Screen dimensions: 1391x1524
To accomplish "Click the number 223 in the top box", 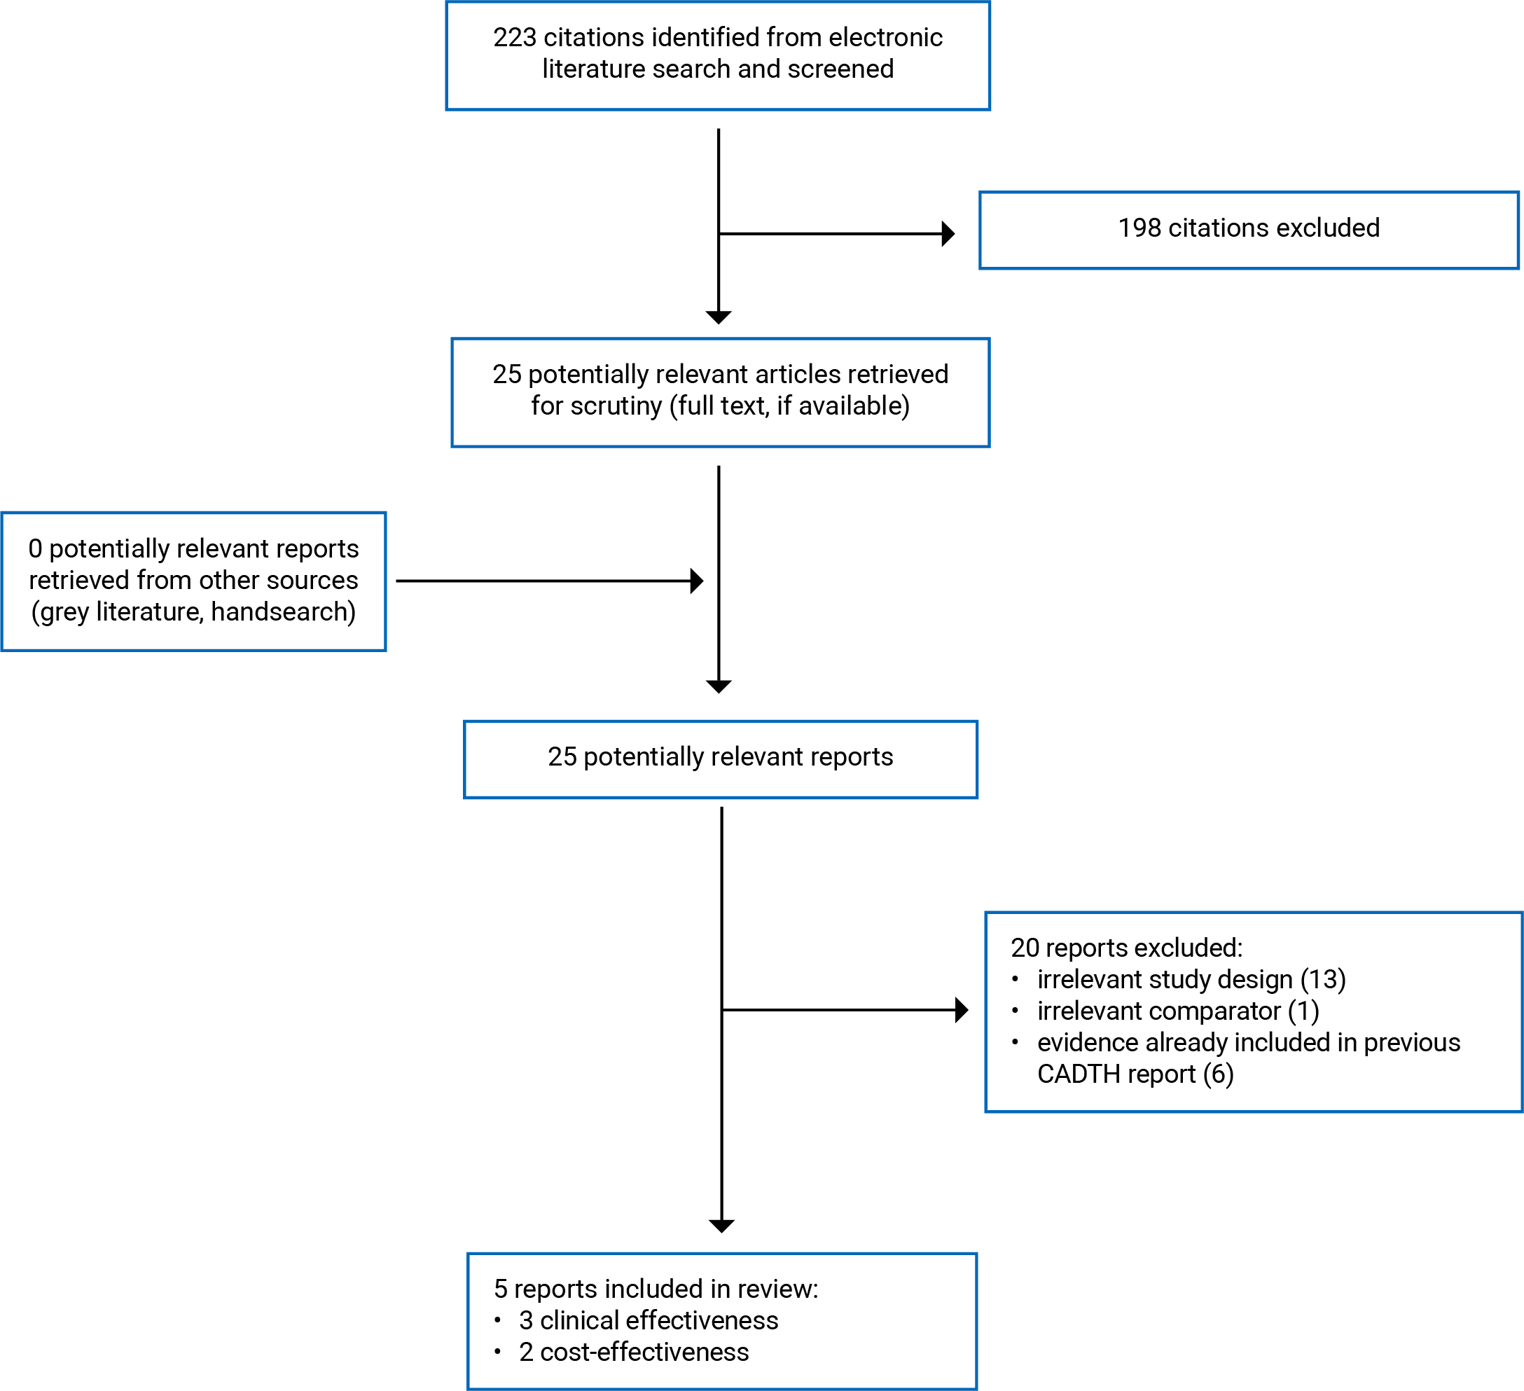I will pyautogui.click(x=515, y=37).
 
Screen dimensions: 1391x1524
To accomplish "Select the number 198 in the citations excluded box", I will pyautogui.click(x=1139, y=228).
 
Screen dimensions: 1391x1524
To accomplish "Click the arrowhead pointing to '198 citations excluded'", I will pyautogui.click(x=948, y=234).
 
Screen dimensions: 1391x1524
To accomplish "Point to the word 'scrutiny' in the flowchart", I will pyautogui.click(x=616, y=406).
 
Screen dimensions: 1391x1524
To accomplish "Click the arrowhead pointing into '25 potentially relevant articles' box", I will pyautogui.click(x=718, y=317).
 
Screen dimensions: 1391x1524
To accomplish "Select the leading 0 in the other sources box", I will pyautogui.click(x=36, y=549).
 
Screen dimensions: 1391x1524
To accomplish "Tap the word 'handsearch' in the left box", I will pyautogui.click(x=278, y=611).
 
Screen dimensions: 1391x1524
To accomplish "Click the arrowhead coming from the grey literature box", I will pyautogui.click(x=697, y=581).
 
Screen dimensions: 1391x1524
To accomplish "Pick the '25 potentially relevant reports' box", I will pyautogui.click(x=721, y=759).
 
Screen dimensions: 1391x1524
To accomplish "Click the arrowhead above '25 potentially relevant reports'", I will pyautogui.click(x=718, y=686).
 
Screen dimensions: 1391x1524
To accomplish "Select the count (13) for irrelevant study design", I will pyautogui.click(x=1323, y=979).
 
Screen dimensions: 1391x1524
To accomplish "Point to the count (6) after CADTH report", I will pyautogui.click(x=1219, y=1074).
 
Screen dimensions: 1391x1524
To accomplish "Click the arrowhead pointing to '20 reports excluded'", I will pyautogui.click(x=962, y=1009).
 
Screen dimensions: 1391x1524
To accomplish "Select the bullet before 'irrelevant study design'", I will pyautogui.click(x=1016, y=980).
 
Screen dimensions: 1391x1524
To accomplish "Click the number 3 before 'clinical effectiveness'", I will pyautogui.click(x=526, y=1320).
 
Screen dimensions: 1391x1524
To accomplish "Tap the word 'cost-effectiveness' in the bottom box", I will pyautogui.click(x=644, y=1352).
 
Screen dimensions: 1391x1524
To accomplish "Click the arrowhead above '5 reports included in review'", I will pyautogui.click(x=721, y=1226).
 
